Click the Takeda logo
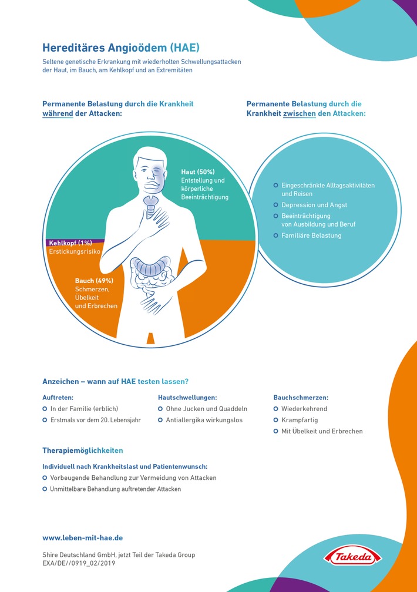353,557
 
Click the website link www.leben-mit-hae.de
82,537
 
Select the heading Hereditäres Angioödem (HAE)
121,48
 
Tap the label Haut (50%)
197,171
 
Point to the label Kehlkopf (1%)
70,243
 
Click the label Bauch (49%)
94,281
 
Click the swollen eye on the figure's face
159,170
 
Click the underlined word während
58,114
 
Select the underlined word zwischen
299,114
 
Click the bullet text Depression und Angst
314,205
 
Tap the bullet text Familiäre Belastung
311,236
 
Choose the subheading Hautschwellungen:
187,398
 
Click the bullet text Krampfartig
300,420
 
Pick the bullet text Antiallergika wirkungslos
204,420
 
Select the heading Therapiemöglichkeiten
83,450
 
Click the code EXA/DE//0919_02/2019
79,563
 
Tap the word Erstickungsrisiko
75,251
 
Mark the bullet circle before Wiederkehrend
275,409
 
